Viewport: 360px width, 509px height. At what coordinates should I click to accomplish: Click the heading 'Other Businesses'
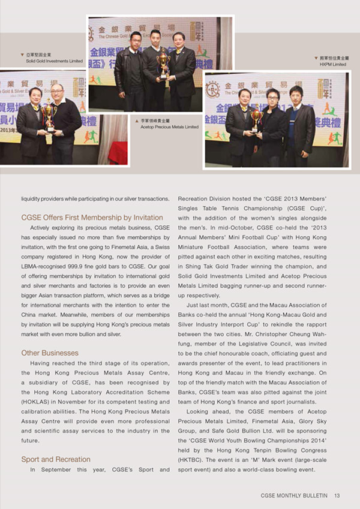point(50,353)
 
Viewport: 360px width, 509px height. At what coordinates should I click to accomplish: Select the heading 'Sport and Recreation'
point(56,459)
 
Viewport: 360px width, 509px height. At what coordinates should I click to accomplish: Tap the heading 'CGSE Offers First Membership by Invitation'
point(92,218)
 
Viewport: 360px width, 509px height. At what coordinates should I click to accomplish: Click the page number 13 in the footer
point(337,495)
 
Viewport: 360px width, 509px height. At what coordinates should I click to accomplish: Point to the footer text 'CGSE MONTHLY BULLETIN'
point(295,495)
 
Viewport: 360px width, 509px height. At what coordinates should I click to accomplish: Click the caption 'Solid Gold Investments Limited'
point(54,61)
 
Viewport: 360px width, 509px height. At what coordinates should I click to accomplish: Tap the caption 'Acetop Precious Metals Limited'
point(169,127)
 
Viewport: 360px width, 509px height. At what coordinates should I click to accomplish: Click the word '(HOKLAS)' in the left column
point(35,401)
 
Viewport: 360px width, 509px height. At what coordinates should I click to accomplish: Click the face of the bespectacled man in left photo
point(57,92)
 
